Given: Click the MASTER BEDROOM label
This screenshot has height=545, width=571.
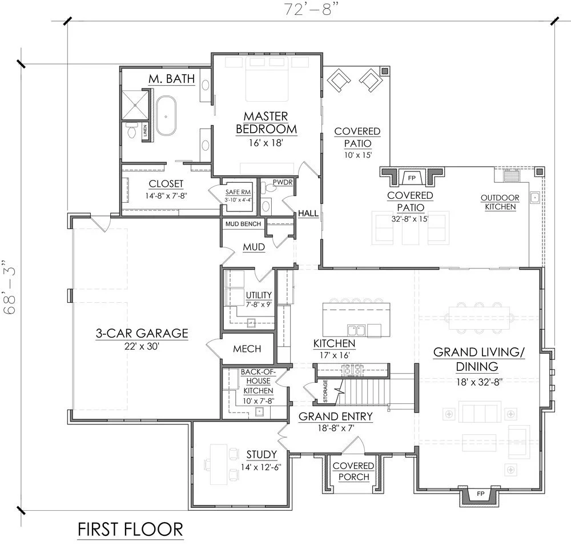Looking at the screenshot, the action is tap(266, 123).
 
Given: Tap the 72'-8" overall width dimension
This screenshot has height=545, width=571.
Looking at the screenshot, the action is tap(309, 9).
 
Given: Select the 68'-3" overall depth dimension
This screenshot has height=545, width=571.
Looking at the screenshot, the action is tap(9, 287).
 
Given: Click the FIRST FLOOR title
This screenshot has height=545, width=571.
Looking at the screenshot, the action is tap(130, 530).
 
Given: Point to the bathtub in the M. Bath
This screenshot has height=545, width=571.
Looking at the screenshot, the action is tap(166, 116).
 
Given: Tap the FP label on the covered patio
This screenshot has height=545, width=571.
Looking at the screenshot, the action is tap(412, 178).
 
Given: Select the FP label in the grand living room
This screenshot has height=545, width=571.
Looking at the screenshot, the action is tap(481, 494).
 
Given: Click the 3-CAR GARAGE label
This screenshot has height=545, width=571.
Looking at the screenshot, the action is tap(142, 333).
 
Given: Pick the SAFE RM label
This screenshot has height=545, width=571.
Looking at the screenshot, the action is tap(238, 192).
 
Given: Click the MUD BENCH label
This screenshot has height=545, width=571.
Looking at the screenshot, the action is tap(243, 224).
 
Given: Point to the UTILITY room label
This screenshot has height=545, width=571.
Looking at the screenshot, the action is tap(259, 295).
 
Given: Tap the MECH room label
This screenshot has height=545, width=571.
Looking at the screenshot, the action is tap(247, 348).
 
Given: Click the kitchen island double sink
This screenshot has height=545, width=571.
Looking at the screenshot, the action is tap(356, 330).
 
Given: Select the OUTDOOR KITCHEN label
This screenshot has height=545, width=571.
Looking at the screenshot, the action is tap(500, 202).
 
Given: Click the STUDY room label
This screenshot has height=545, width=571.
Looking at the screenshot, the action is tap(262, 454).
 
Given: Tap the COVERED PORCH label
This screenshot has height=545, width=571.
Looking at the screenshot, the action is tap(353, 471).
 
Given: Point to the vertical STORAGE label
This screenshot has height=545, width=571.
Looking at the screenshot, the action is tap(325, 391).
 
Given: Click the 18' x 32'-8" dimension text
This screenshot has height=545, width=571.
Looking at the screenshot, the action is tap(480, 382).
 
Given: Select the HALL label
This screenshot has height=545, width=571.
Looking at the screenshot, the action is tap(308, 213).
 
